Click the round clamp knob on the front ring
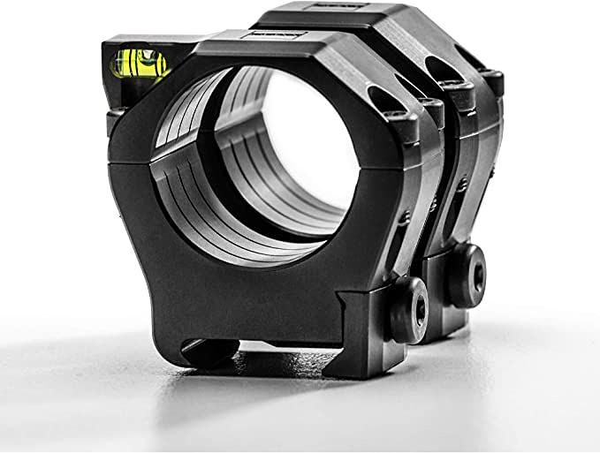tap(407, 309)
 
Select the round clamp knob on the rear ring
tap(465, 275)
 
